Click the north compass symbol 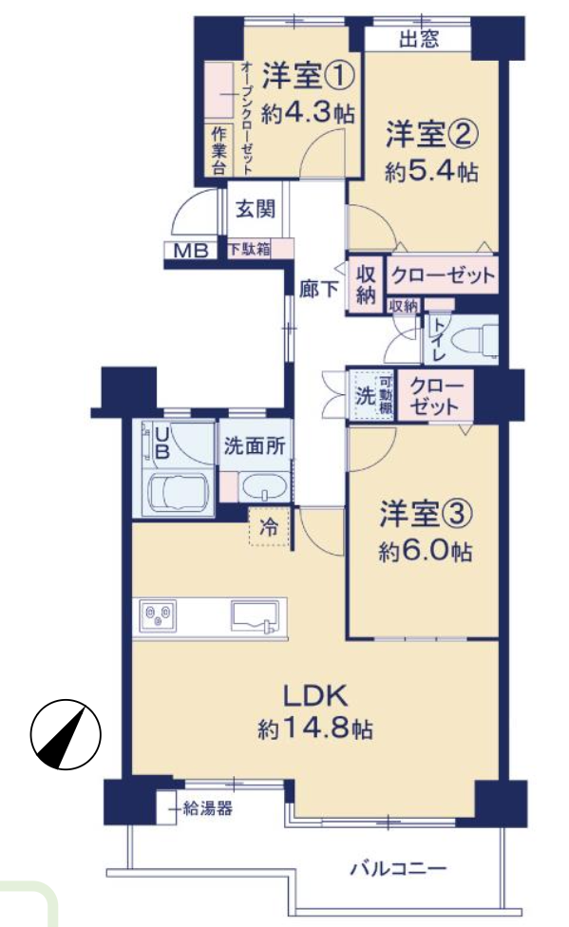pyautogui.click(x=66, y=734)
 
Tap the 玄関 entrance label pyautogui.click(x=256, y=209)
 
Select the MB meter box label pyautogui.click(x=191, y=252)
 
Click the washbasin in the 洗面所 pyautogui.click(x=264, y=486)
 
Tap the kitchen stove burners pyautogui.click(x=158, y=616)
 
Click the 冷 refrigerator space pyautogui.click(x=270, y=525)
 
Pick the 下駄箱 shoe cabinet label pyautogui.click(x=249, y=250)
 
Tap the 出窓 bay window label pyautogui.click(x=419, y=39)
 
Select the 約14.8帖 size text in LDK pyautogui.click(x=314, y=728)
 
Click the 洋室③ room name pyautogui.click(x=426, y=514)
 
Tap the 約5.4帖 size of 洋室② pyautogui.click(x=431, y=172)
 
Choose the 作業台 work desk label pyautogui.click(x=218, y=150)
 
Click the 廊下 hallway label pyautogui.click(x=319, y=289)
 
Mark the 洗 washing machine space pyautogui.click(x=365, y=395)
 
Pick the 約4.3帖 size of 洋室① pyautogui.click(x=308, y=112)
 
